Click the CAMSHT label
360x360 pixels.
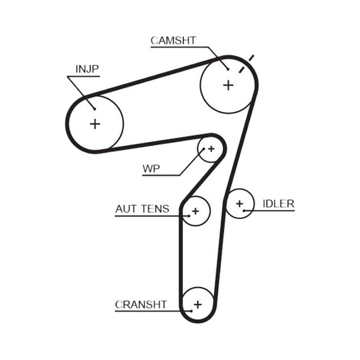pyautogui.click(x=173, y=40)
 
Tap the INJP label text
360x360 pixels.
pyautogui.click(x=87, y=69)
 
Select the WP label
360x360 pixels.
pyautogui.click(x=151, y=169)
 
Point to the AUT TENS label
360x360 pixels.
pyautogui.click(x=142, y=209)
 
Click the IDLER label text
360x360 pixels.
pyautogui.click(x=279, y=204)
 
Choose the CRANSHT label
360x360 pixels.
pyautogui.click(x=141, y=305)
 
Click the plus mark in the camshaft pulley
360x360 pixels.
pyautogui.click(x=228, y=85)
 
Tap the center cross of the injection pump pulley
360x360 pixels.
pyautogui.click(x=95, y=124)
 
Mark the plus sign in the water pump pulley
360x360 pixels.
pyautogui.click(x=211, y=149)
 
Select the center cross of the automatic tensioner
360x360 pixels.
pyautogui.click(x=195, y=211)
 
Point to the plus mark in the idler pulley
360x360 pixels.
pyautogui.click(x=239, y=203)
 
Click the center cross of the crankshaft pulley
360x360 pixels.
pyautogui.click(x=198, y=305)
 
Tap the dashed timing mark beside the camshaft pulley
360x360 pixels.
pyautogui.click(x=247, y=64)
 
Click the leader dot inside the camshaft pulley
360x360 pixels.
pyautogui.click(x=228, y=69)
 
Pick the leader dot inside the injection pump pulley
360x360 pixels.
pyautogui.click(x=94, y=109)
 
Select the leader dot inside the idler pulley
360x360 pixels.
pyautogui.click(x=244, y=211)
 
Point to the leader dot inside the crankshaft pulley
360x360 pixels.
pyautogui.click(x=191, y=311)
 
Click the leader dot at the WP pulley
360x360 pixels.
pyautogui.click(x=204, y=149)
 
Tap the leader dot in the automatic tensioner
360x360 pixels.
pyautogui.click(x=189, y=216)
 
